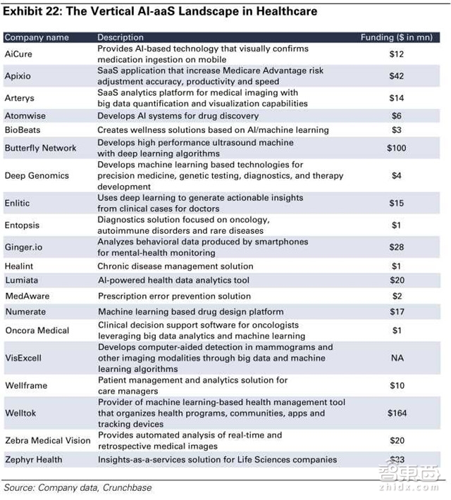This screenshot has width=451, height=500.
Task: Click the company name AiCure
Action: tap(20, 54)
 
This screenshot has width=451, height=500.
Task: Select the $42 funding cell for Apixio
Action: tap(397, 75)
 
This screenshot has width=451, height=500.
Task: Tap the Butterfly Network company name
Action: tap(40, 148)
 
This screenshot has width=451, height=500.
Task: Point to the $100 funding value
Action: tap(397, 148)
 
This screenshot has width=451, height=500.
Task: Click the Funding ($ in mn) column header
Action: tap(397, 37)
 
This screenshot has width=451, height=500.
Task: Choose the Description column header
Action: tap(121, 37)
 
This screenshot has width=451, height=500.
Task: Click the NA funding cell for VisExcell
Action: tap(397, 358)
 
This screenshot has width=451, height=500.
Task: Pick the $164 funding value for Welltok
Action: tap(397, 413)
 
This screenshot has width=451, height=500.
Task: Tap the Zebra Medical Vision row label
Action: tap(48, 440)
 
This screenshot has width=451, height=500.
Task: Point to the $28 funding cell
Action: tap(397, 247)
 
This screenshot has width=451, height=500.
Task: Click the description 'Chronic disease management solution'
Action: tap(175, 266)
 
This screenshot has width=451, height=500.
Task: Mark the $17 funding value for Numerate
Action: tap(397, 311)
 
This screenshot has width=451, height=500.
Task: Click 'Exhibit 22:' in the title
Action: tap(30, 11)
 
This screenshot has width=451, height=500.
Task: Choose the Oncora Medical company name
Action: tap(37, 330)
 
